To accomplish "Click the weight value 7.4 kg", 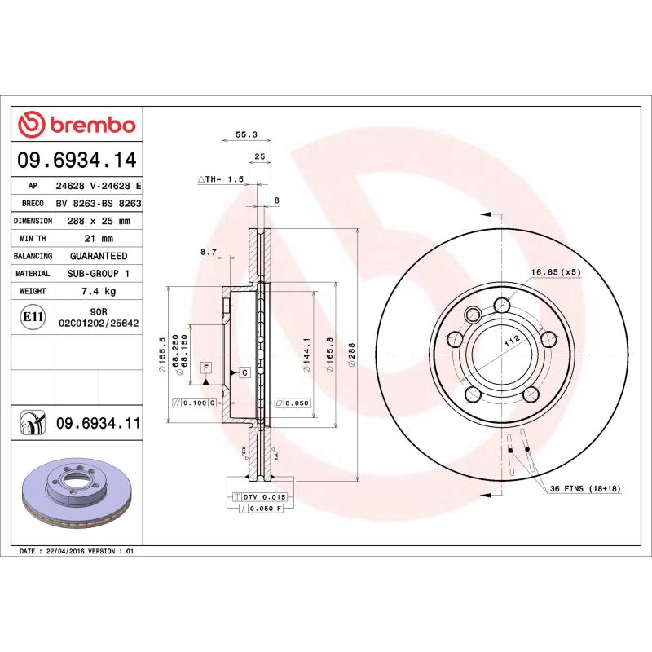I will [x=99, y=291].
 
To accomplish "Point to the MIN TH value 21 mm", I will [x=99, y=239].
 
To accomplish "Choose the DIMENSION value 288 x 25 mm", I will [x=99, y=221].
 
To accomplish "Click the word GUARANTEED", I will [x=99, y=256].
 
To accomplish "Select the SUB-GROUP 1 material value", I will [x=99, y=274].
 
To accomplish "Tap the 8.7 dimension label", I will [x=208, y=253].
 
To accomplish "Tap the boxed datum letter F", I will [x=206, y=368].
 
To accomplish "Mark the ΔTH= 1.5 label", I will [x=221, y=178].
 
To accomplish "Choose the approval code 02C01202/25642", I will [x=99, y=324].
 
